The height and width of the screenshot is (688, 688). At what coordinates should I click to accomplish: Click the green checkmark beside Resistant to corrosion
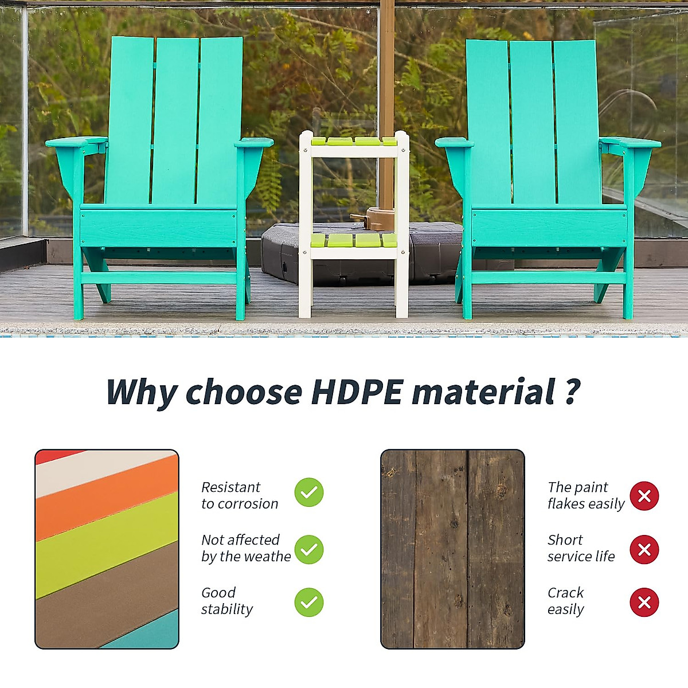click(x=309, y=492)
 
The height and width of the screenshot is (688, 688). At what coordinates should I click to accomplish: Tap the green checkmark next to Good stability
click(x=309, y=603)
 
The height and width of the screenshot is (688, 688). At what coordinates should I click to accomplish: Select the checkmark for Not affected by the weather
click(x=309, y=549)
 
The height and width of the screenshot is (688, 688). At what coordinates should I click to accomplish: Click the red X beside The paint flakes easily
click(x=644, y=496)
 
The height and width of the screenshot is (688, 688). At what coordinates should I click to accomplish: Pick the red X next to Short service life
click(x=644, y=550)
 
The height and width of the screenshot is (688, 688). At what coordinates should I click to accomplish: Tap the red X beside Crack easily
click(x=644, y=603)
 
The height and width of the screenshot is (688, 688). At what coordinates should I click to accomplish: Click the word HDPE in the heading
click(x=357, y=392)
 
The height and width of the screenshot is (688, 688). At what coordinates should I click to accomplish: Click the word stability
click(x=226, y=609)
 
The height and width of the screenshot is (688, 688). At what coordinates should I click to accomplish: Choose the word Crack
click(x=565, y=592)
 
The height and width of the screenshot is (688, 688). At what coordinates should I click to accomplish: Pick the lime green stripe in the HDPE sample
click(x=107, y=545)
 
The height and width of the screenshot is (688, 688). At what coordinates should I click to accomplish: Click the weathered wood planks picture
click(x=452, y=549)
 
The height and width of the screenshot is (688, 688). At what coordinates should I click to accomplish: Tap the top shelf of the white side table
click(x=354, y=142)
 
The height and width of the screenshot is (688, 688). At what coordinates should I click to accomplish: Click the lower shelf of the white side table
click(x=354, y=241)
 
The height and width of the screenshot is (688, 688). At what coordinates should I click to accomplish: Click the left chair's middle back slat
click(x=175, y=120)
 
